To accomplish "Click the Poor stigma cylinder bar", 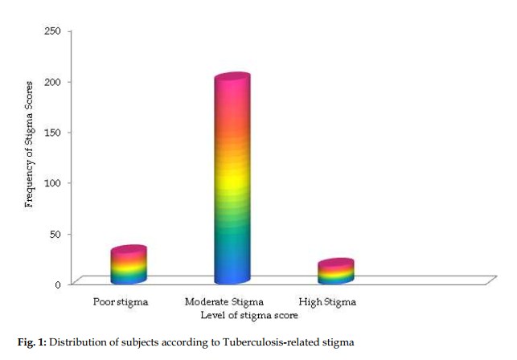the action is pos(129,264).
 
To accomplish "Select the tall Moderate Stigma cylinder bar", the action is pos(232,178).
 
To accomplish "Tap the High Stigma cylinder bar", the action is pos(336,271).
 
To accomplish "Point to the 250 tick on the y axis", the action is pos(53,31).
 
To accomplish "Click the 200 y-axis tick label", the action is pos(53,82).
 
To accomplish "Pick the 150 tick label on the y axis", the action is pos(53,133).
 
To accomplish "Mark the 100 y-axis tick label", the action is pos(53,183).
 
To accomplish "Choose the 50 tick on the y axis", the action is pos(55,234).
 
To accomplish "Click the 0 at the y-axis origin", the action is pos(58,284).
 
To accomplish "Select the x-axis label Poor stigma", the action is pos(121,302).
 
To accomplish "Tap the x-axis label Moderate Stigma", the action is pos(224,302).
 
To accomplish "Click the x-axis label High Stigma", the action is pos(327,302).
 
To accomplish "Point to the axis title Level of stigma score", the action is pos(249,316).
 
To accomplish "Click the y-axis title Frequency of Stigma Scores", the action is pos(29,145).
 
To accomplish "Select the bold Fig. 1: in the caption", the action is pos(32,342).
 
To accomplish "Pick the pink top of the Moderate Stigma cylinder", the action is pos(232,77).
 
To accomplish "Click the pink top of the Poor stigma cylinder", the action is pos(129,250).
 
